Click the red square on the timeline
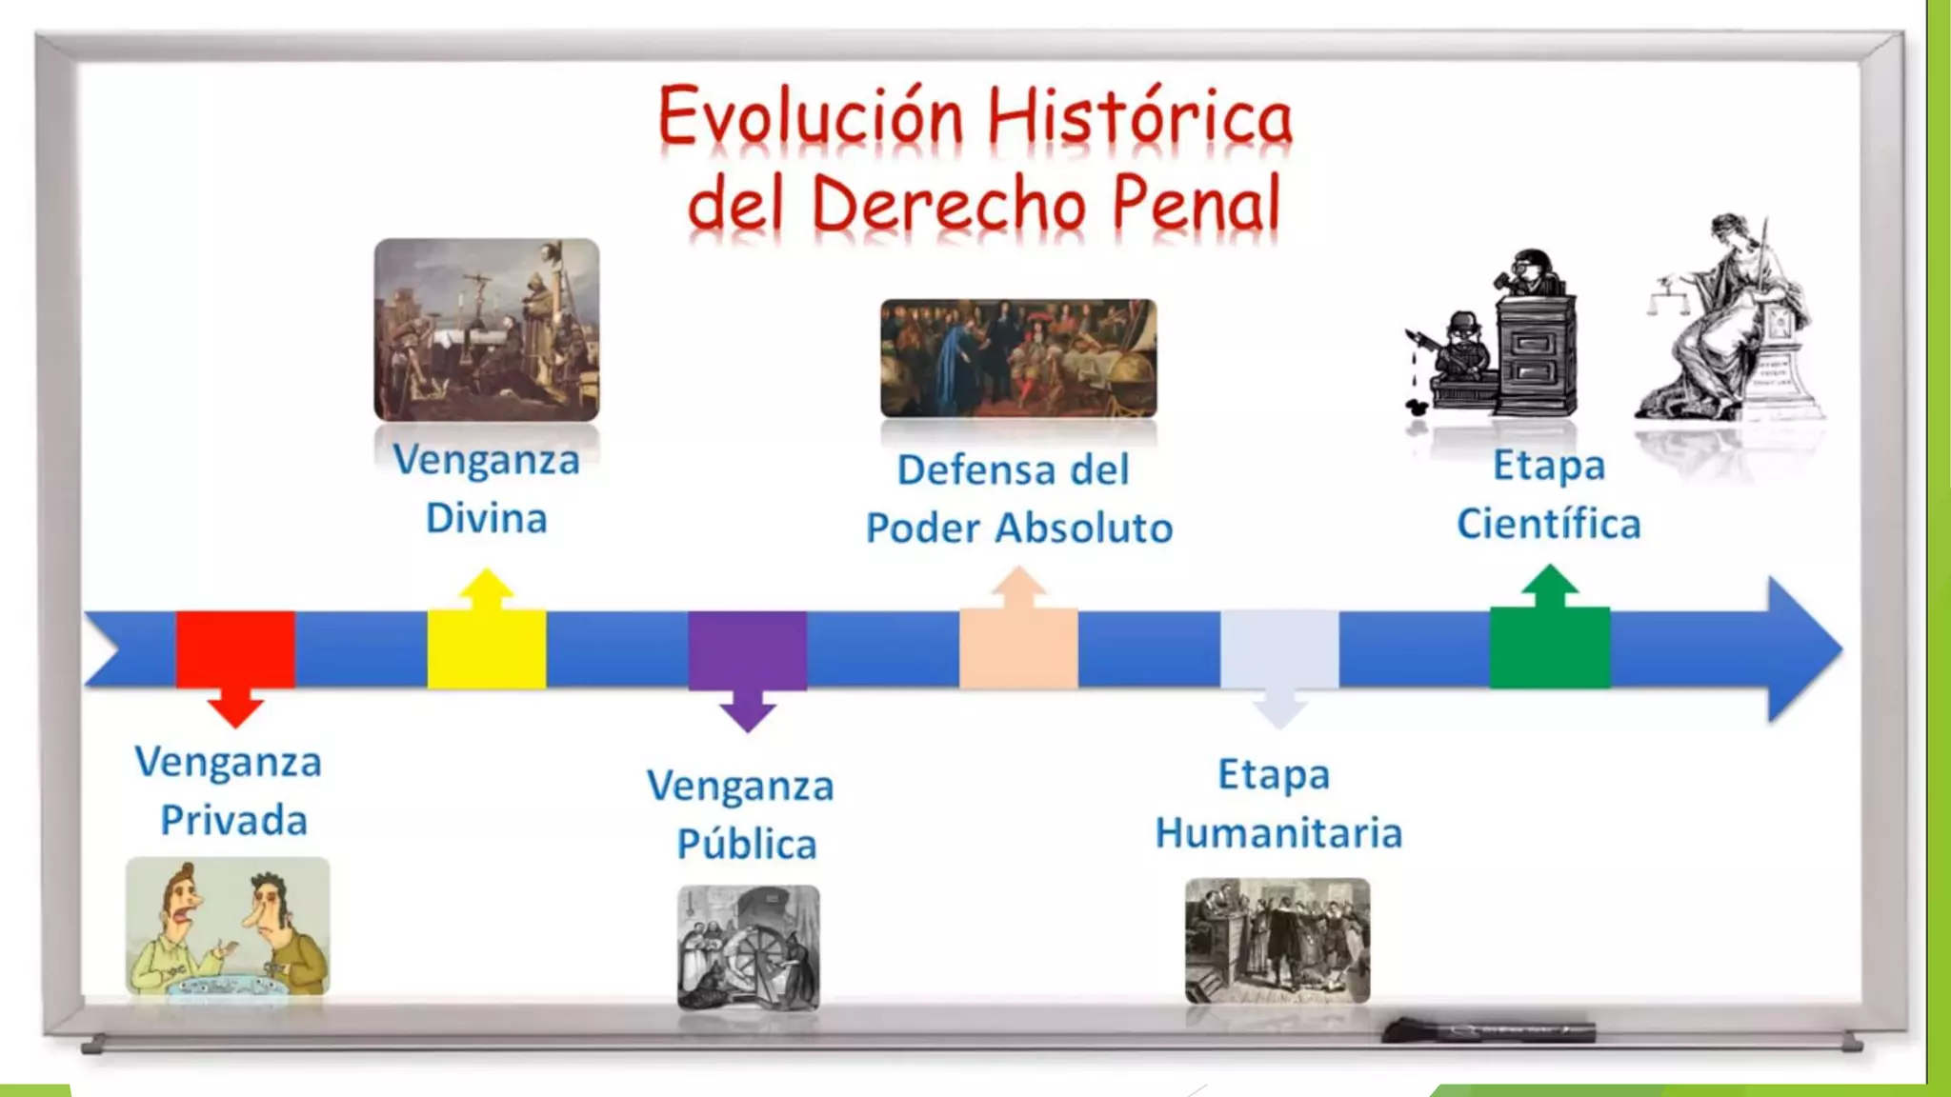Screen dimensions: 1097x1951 tap(235, 648)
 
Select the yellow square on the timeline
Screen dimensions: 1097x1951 tap(486, 648)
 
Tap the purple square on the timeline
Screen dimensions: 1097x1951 tap(748, 649)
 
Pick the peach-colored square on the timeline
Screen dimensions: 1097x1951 tap(1018, 648)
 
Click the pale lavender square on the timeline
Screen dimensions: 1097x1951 tap(1279, 648)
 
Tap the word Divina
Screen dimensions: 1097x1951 tap(486, 519)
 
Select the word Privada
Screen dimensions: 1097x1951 tap(233, 821)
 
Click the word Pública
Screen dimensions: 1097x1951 tap(747, 845)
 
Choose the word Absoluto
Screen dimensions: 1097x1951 tap(1084, 529)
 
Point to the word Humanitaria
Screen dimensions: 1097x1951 tap(1278, 833)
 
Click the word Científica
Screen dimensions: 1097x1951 tap(1549, 524)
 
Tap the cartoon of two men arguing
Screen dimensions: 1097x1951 tap(228, 927)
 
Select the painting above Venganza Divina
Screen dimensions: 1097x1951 tap(487, 329)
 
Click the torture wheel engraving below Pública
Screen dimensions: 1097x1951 tap(749, 947)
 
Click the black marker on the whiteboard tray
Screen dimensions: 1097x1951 tap(1488, 1030)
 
